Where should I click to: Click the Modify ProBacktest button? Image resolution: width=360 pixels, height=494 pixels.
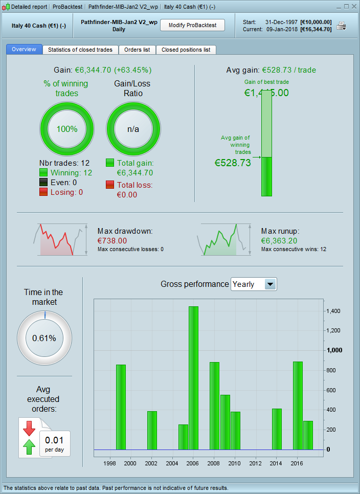pos(192,25)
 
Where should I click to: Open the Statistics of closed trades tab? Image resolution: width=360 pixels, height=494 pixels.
pos(81,50)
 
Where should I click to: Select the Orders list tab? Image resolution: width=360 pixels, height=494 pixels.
pos(137,50)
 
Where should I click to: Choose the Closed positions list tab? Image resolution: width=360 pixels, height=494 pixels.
pos(186,50)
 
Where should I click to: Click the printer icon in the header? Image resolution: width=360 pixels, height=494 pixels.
pos(341,26)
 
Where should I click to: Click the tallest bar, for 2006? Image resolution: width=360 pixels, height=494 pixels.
pos(193,377)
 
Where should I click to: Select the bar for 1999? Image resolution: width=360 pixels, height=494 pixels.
pos(121,407)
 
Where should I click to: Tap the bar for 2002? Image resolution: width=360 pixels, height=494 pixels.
pos(152,430)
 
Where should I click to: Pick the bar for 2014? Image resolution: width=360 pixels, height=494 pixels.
pos(277,429)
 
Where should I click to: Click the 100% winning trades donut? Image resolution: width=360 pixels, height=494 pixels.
pos(67,129)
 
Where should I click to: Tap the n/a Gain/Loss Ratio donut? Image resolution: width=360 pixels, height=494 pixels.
pos(133,129)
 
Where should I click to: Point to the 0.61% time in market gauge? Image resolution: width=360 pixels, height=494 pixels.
pos(44,338)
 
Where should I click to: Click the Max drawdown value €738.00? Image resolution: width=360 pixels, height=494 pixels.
pos(112,240)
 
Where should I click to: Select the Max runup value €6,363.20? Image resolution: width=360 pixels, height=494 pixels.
pos(279,240)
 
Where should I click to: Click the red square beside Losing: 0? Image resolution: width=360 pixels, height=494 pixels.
pos(43,192)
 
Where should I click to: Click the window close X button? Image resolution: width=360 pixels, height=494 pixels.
pos(354,7)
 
